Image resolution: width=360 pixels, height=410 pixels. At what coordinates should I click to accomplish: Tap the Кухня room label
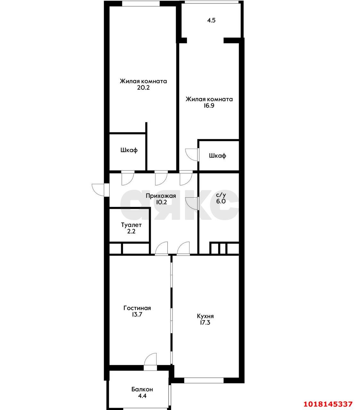tap(205, 316)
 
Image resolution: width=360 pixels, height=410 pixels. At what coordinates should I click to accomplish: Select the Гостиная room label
tap(137, 308)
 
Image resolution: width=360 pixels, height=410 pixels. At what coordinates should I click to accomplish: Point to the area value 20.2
tap(143, 88)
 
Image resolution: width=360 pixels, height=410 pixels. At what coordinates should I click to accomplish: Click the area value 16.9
tap(209, 105)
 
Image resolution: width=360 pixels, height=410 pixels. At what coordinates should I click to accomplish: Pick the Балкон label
tap(142, 389)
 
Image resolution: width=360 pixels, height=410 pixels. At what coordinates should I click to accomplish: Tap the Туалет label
tap(131, 225)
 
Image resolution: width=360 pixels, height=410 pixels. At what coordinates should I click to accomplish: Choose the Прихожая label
tap(161, 196)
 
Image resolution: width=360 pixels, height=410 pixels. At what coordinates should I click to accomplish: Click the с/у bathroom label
tap(221, 195)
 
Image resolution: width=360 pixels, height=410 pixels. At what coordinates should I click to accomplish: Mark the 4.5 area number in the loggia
tap(211, 20)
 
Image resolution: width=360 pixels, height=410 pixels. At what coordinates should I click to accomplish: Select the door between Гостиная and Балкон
tap(150, 365)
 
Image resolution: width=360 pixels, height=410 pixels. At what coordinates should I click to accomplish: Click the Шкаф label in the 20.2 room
tap(129, 150)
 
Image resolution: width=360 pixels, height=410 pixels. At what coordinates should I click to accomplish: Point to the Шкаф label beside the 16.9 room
tap(217, 156)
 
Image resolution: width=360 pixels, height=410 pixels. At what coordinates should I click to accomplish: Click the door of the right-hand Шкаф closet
tap(192, 155)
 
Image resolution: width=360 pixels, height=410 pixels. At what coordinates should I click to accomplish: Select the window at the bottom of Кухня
tap(204, 381)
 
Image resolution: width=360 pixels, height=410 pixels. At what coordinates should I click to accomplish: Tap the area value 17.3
tap(205, 322)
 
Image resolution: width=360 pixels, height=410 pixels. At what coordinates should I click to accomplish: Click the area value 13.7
tap(137, 314)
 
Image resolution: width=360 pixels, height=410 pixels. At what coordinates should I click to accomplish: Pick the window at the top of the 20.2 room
tap(141, 4)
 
